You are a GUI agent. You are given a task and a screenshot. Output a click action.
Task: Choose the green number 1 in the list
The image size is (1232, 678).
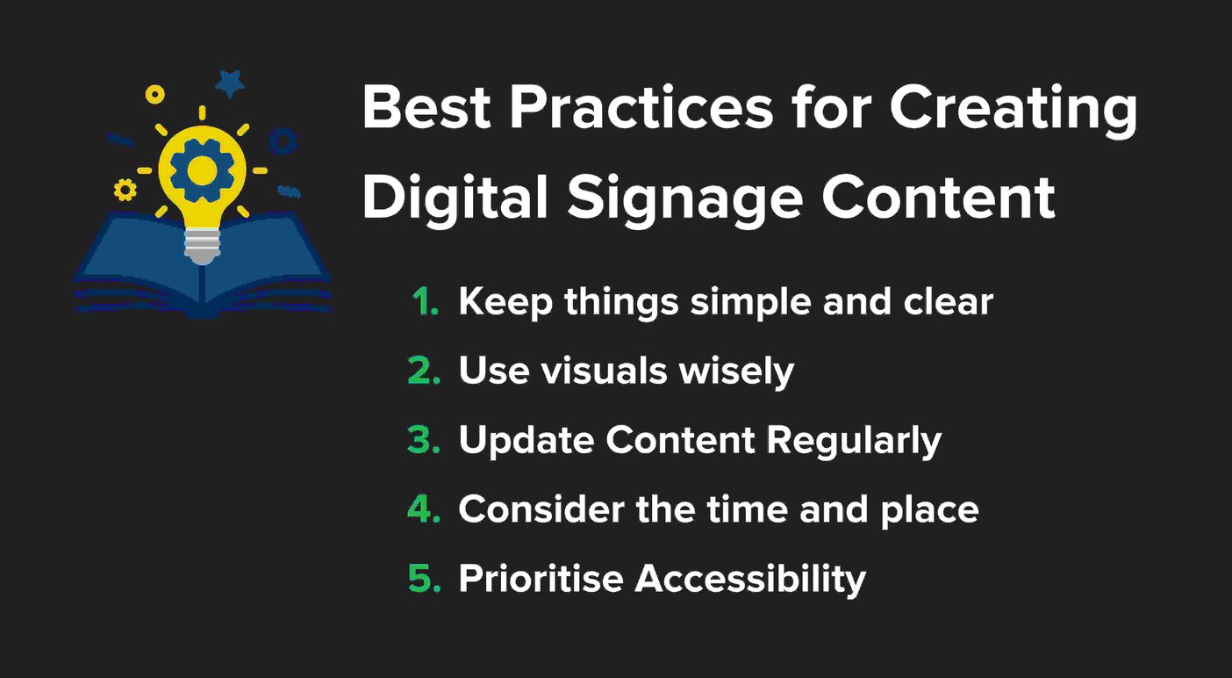click(x=426, y=301)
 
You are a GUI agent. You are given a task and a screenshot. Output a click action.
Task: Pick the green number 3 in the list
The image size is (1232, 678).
click(x=424, y=440)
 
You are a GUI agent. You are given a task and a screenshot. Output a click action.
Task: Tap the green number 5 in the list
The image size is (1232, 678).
click(x=424, y=579)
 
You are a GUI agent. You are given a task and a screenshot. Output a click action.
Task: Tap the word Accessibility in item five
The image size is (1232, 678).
click(x=750, y=579)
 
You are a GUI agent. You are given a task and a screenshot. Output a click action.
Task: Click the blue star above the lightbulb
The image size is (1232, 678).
click(x=231, y=84)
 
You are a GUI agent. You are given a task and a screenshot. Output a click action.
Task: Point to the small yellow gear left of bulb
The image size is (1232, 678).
click(x=125, y=189)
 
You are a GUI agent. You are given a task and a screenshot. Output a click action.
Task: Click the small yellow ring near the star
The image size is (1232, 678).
click(x=155, y=94)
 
